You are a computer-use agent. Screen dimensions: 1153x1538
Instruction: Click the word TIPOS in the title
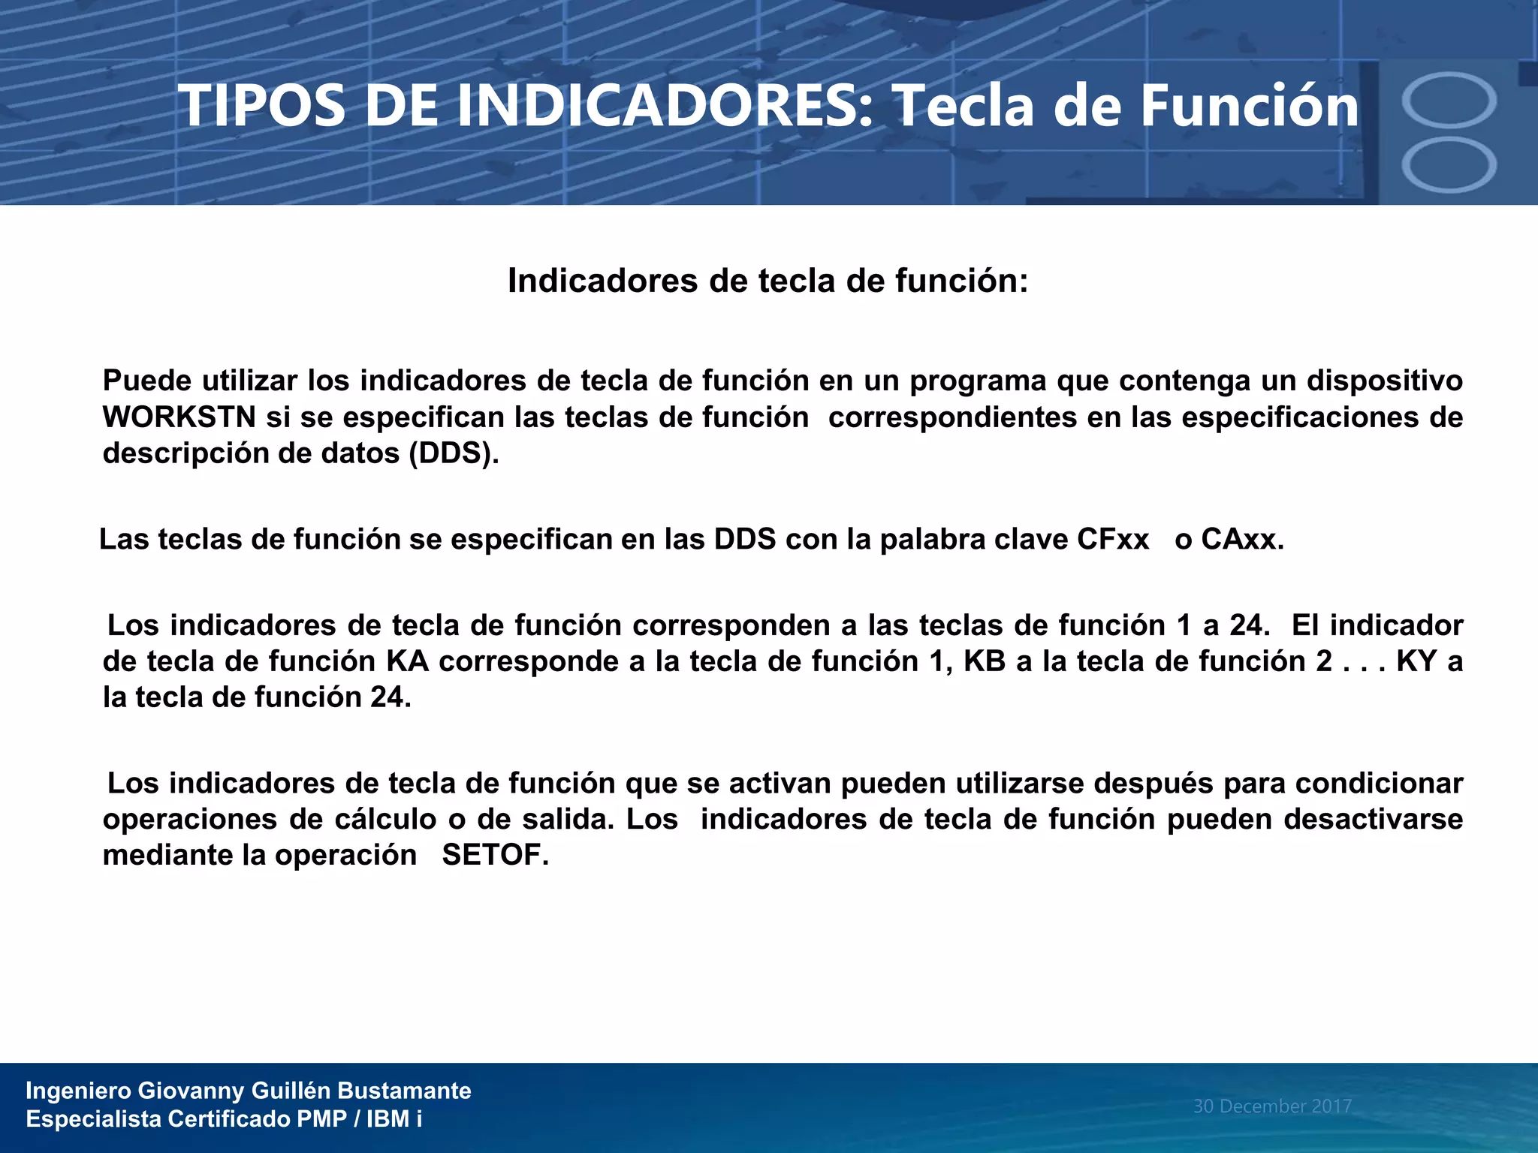262,106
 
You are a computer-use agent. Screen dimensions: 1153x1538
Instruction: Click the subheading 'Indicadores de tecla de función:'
767,281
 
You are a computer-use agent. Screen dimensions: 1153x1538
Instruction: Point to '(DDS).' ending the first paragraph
454,453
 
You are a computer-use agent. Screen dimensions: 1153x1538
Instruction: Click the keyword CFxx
1113,539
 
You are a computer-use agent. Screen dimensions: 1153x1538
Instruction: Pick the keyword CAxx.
1242,539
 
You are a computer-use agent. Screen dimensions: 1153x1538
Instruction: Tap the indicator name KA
407,661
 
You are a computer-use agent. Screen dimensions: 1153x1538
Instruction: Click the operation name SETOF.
495,855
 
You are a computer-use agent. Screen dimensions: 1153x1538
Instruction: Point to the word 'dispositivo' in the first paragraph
1384,381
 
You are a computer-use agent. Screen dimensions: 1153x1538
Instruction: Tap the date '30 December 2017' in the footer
1272,1106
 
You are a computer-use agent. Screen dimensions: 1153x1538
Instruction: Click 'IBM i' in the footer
394,1119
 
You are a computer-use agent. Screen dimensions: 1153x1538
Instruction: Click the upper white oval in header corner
1449,101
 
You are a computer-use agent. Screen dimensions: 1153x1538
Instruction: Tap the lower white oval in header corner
1449,165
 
